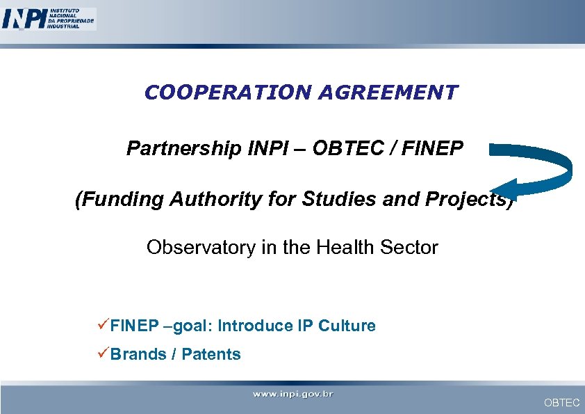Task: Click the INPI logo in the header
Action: [49, 18]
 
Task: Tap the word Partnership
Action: [183, 149]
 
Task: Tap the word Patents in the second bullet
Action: [211, 354]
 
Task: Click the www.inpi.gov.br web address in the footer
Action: [292, 395]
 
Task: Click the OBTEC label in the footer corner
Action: [561, 403]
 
